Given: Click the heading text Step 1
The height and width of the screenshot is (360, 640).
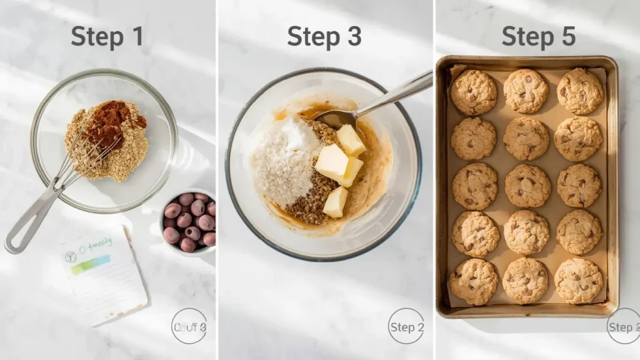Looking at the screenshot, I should pyautogui.click(x=107, y=37).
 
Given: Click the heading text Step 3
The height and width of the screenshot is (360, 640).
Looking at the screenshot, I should pyautogui.click(x=324, y=37).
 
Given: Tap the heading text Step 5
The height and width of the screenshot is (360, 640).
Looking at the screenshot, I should pyautogui.click(x=538, y=37).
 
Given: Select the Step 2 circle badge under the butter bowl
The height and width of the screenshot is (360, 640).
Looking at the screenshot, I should pyautogui.click(x=406, y=326).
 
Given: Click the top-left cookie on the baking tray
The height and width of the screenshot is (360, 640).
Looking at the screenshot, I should pyautogui.click(x=474, y=92).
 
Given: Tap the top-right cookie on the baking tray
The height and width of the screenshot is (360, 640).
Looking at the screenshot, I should pyautogui.click(x=579, y=91).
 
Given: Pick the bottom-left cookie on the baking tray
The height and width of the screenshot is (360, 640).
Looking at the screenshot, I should pyautogui.click(x=474, y=281).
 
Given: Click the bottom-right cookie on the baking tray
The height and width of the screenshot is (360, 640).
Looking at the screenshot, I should pyautogui.click(x=578, y=281).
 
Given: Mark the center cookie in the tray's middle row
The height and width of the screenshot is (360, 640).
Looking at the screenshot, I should pyautogui.click(x=526, y=186).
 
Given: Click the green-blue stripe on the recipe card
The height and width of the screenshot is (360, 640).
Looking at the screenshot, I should pyautogui.click(x=91, y=265).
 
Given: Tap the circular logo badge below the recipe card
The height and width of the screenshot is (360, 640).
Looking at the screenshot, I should pyautogui.click(x=189, y=326).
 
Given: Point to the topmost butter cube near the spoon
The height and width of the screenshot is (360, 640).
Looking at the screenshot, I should pyautogui.click(x=351, y=140).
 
